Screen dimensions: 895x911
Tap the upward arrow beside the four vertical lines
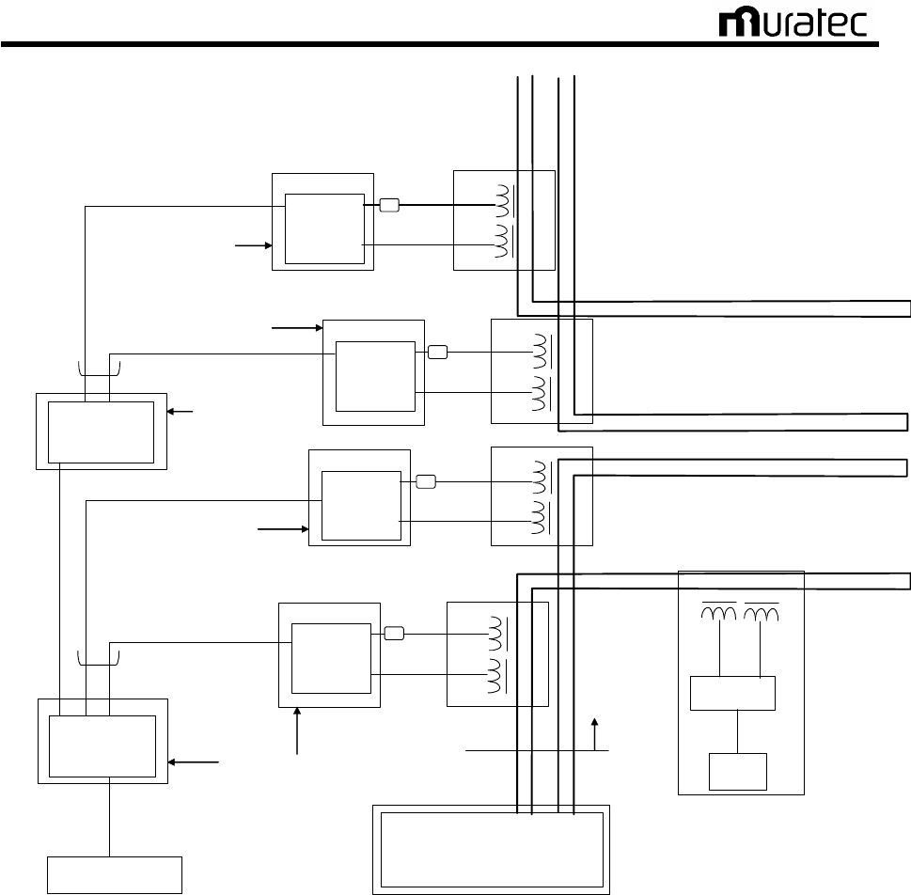594,734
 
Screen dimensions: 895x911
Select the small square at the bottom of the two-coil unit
739,772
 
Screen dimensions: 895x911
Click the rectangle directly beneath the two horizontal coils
732,693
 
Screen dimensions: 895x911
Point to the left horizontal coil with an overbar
719,612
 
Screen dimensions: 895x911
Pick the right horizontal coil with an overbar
762,612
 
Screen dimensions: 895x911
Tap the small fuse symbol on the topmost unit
390,205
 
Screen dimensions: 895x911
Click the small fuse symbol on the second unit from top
438,353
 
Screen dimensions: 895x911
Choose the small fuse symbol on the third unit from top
426,482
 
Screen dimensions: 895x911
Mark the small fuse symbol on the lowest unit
395,634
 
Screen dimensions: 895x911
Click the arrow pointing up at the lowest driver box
298,731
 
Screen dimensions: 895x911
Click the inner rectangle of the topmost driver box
323,228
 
